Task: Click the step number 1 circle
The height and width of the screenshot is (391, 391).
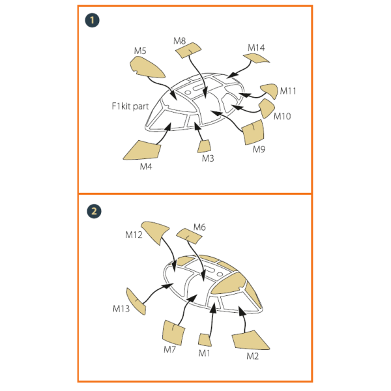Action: (x=92, y=20)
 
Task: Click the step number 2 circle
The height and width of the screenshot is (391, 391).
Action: (x=94, y=211)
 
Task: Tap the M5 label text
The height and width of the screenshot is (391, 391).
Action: (x=140, y=51)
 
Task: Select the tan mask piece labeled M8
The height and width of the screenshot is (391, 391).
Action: (x=188, y=50)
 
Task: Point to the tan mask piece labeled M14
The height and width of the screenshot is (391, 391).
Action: (x=256, y=59)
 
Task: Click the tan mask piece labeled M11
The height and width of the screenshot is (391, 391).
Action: (x=270, y=91)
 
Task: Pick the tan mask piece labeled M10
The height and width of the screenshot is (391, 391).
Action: (x=267, y=108)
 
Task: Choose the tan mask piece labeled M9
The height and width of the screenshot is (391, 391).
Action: (x=253, y=132)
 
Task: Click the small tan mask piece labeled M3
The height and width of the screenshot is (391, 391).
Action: (x=204, y=147)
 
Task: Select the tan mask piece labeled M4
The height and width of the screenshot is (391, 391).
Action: (x=143, y=151)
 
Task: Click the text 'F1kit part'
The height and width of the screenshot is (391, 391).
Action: (x=130, y=106)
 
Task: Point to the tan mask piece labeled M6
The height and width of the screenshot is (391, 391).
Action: (x=189, y=236)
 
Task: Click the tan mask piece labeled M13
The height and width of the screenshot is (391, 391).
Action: (x=136, y=301)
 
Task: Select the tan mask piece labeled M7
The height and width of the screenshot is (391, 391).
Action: (x=173, y=333)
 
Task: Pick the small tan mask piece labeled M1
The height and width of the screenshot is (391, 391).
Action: (x=205, y=340)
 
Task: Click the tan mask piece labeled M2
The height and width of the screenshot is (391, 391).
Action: (x=250, y=340)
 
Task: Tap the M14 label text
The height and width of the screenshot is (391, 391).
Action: (x=256, y=48)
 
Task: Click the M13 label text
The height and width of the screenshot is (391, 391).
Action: (x=121, y=309)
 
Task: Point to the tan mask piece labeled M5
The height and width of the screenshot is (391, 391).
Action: (x=147, y=67)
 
